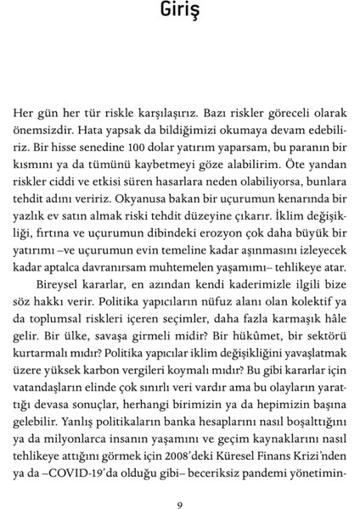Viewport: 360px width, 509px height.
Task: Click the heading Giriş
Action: [180, 14]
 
